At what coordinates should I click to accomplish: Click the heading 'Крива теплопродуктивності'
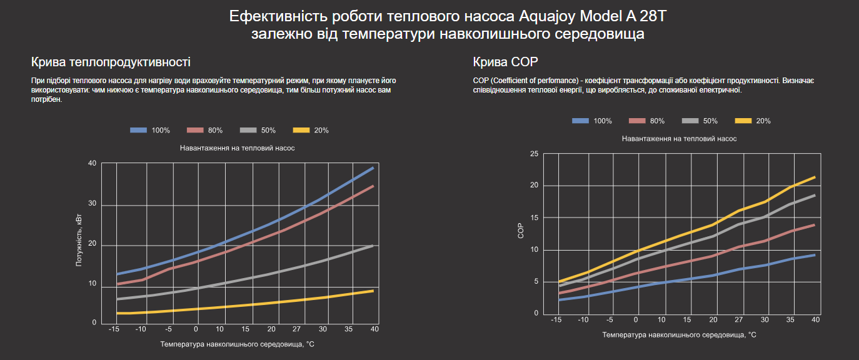coord(111,62)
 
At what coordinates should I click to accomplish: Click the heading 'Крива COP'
coord(506,62)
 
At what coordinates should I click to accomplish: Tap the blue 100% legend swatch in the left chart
coord(138,130)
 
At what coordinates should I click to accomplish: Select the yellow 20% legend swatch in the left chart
coord(301,130)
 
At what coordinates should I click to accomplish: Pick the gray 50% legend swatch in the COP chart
coord(690,121)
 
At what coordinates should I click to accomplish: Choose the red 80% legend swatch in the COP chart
coord(637,121)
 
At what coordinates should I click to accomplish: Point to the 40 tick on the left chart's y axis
coord(93,164)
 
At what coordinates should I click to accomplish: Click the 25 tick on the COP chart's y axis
coord(534,154)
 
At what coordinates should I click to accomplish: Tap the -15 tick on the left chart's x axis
coord(114,329)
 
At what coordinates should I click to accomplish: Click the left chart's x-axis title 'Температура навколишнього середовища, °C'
coord(237,344)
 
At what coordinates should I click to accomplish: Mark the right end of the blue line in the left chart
coord(373,167)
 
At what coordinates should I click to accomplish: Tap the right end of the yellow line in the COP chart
coord(815,177)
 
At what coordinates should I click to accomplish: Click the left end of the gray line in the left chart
coord(118,299)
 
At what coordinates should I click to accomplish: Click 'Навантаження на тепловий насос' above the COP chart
coord(679,139)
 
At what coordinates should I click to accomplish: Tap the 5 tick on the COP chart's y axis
coord(536,282)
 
